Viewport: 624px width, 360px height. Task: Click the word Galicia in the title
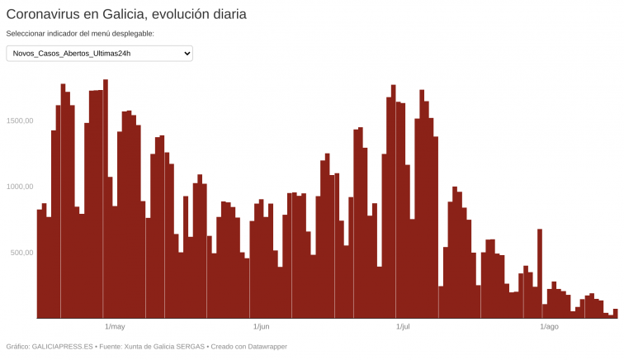coord(125,14)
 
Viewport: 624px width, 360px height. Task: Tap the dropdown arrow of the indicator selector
coord(187,53)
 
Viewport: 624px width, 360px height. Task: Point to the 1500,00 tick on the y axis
coord(17,121)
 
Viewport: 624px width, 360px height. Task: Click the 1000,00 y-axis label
coord(17,187)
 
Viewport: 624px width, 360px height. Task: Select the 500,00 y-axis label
coord(20,253)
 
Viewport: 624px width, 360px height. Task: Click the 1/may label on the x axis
coord(115,327)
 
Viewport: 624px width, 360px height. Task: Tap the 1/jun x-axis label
coord(261,327)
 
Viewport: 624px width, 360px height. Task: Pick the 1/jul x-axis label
coord(403,327)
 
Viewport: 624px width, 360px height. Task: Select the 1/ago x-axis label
coord(549,327)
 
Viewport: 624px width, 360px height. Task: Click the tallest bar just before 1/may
coord(106,198)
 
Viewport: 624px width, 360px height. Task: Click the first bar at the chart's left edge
coord(40,264)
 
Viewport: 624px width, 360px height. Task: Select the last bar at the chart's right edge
coord(615,314)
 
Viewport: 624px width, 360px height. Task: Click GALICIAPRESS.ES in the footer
coord(61,347)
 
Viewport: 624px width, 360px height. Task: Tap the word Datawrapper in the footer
coord(264,347)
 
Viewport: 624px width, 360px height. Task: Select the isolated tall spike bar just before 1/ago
coord(540,273)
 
